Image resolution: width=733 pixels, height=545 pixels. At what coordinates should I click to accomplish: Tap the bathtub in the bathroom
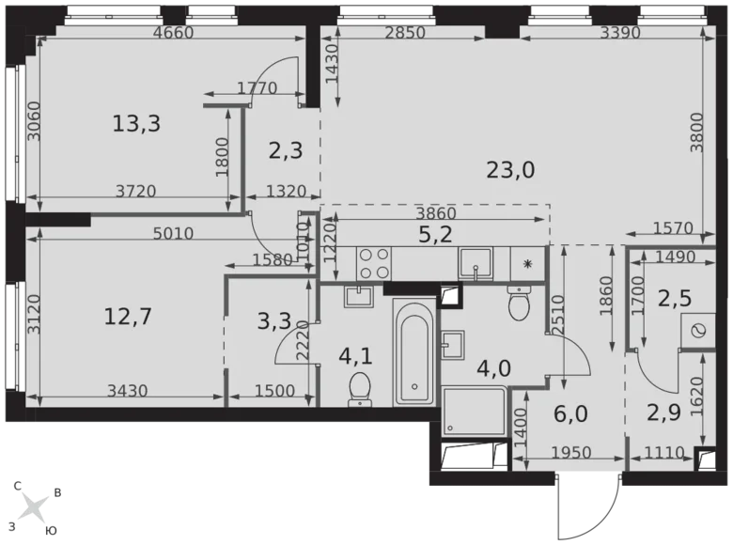pos(413,352)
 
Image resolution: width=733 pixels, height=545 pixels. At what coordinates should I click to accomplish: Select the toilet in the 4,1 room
pos(359,389)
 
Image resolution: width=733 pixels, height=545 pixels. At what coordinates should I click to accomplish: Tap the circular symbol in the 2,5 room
pos(698,330)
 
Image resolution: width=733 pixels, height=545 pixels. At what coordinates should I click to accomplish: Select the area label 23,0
pos(510,170)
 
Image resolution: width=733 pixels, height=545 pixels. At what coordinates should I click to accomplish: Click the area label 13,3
pos(136,123)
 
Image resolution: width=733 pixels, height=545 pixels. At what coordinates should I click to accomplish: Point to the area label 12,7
pos(128,316)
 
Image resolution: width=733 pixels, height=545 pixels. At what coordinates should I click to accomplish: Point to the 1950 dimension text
pos(569,453)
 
